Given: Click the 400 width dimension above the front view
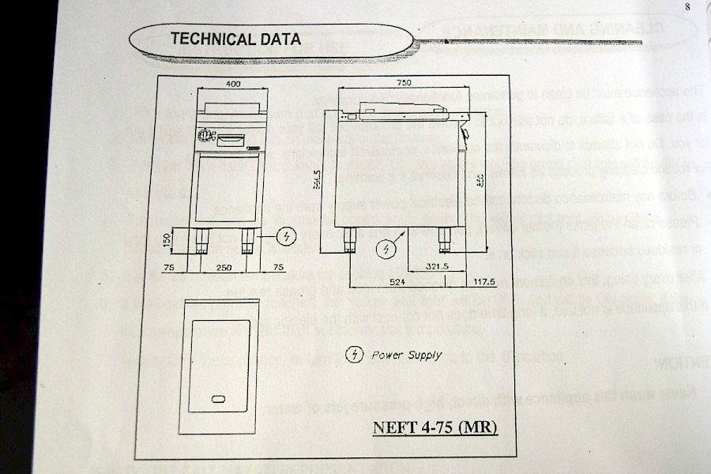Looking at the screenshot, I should (232, 83).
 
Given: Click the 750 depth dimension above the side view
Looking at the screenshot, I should (404, 82).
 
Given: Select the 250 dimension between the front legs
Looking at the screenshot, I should (224, 269).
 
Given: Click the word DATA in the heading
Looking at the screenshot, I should (278, 39).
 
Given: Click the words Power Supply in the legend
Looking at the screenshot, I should (407, 355).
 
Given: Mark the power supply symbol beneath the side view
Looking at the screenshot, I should (385, 250).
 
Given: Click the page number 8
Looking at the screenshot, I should (687, 7).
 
